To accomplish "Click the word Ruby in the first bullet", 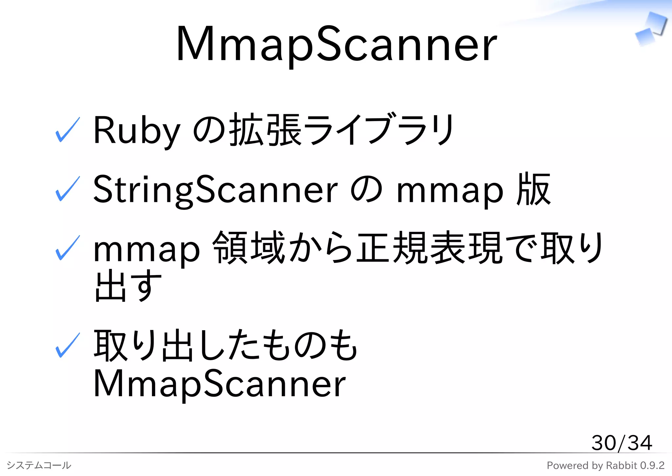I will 136,130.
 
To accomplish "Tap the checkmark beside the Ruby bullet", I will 68,130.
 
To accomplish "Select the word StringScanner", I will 215,189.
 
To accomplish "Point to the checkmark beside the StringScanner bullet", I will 68,189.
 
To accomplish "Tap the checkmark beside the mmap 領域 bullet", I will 68,248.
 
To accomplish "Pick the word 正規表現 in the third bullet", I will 430,248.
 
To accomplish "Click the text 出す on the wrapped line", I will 128,286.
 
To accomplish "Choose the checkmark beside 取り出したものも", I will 68,345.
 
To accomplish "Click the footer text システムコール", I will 39,465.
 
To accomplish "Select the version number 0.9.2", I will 652,465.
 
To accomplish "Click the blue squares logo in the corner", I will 651,29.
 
